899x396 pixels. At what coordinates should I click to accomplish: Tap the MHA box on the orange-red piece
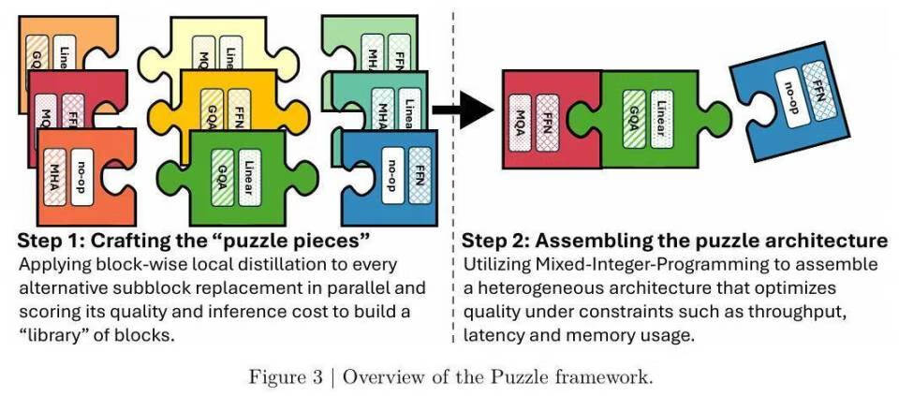tap(54, 172)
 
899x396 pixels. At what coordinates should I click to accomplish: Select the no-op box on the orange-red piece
tap(84, 172)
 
